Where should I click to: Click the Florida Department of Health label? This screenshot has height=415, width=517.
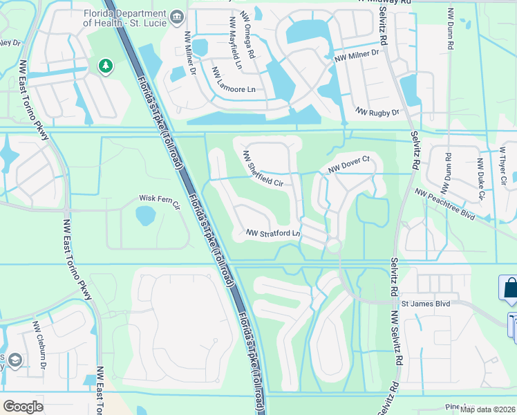pos(126,17)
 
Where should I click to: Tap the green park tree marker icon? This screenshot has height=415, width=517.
pos(105,66)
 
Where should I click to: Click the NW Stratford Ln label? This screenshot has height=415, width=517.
pos(274,233)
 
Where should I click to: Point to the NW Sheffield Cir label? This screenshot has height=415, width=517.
pos(263,170)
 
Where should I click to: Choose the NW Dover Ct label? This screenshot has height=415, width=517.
pos(350,163)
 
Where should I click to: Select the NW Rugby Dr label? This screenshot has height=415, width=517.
pos(377,111)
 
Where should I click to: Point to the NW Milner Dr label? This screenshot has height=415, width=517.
pos(357,53)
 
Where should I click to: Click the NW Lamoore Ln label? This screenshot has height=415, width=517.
pos(233,80)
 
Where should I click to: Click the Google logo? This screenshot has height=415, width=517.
pos(23,406)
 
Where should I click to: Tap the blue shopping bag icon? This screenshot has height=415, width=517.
pos(510,288)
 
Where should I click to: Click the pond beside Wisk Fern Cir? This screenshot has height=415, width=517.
pos(146,216)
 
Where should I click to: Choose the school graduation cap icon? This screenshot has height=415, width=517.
pos(15,360)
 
